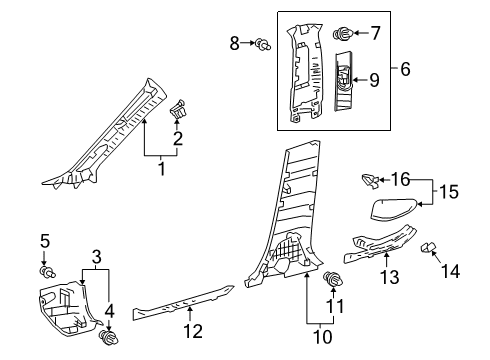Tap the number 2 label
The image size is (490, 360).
(x=178, y=138)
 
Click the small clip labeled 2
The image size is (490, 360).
(x=181, y=109)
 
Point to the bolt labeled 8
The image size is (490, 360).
(x=263, y=43)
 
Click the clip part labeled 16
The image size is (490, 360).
(x=370, y=181)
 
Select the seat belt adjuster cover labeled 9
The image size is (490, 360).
(x=344, y=80)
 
